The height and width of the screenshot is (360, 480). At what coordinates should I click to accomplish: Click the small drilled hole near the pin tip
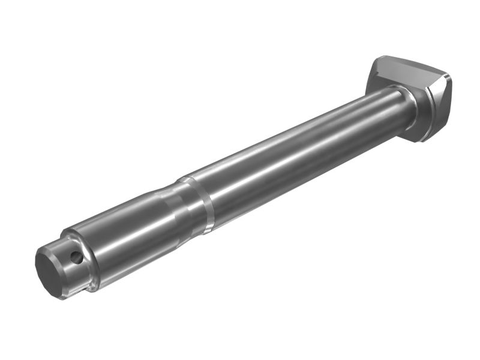(x=76, y=257)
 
